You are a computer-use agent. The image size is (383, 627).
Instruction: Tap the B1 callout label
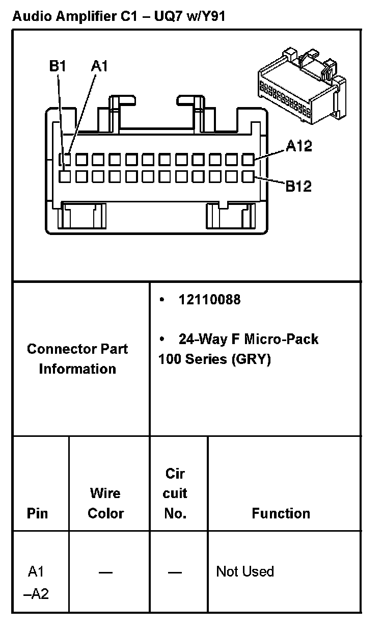tap(58, 67)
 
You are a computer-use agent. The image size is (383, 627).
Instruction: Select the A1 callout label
tap(99, 67)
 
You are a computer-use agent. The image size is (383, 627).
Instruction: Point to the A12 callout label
tap(298, 146)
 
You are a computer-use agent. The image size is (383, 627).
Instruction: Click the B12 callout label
tap(298, 186)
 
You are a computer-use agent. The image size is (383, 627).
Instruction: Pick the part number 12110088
tap(209, 300)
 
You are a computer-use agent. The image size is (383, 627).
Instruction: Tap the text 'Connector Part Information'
tap(77, 359)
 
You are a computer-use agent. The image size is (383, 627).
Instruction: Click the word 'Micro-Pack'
tap(282, 339)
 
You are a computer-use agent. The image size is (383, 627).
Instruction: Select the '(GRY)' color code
tap(251, 359)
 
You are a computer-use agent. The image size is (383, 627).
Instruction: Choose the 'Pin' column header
tap(37, 513)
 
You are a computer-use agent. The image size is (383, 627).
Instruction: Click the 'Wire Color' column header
tap(105, 503)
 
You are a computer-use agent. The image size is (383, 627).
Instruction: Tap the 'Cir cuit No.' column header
tap(175, 493)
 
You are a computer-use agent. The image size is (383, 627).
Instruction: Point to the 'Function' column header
tap(281, 513)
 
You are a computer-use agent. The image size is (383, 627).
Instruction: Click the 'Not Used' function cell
tap(245, 571)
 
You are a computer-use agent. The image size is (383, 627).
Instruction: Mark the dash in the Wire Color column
tap(105, 572)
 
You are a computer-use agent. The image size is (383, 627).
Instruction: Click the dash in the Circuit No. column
tap(175, 572)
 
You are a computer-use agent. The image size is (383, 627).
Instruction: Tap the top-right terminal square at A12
tap(248, 160)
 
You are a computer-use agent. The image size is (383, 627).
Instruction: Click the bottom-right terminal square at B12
tap(248, 177)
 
